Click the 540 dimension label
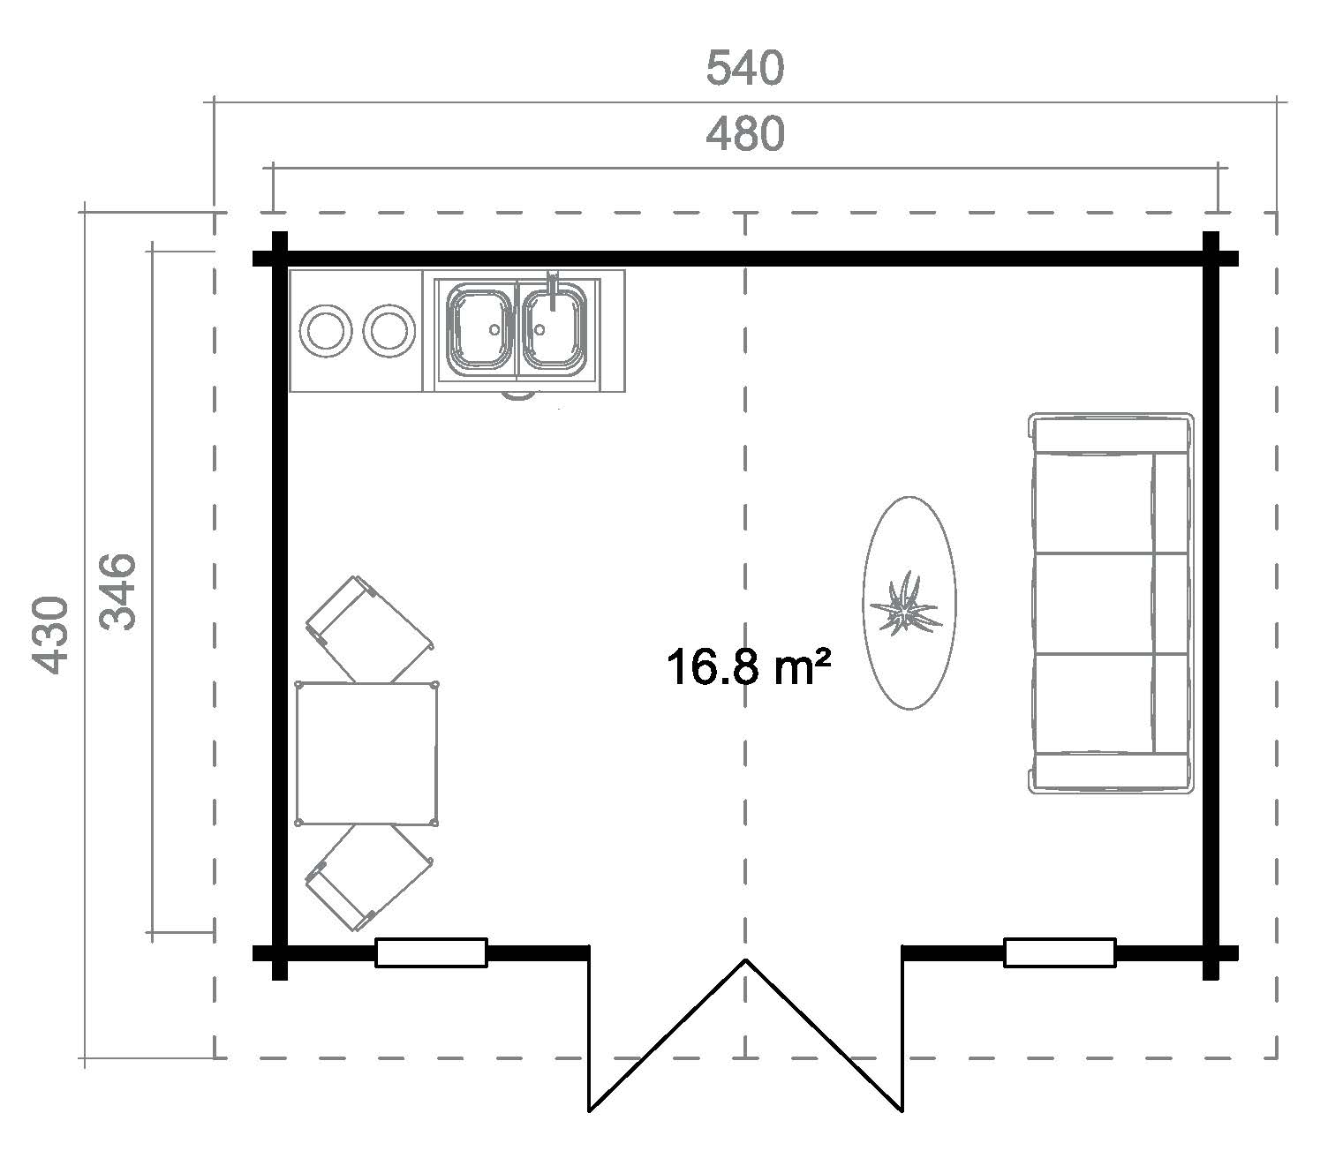(x=745, y=69)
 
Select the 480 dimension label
(x=745, y=134)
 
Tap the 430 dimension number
(x=50, y=636)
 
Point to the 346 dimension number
(x=117, y=591)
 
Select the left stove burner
(x=326, y=331)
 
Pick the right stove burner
(x=389, y=331)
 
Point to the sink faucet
(x=553, y=290)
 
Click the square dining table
(x=366, y=754)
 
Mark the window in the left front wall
(x=432, y=953)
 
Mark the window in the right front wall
(x=1060, y=953)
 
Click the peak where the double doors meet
(x=745, y=959)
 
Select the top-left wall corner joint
(x=279, y=259)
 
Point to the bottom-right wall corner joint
(x=1211, y=953)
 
